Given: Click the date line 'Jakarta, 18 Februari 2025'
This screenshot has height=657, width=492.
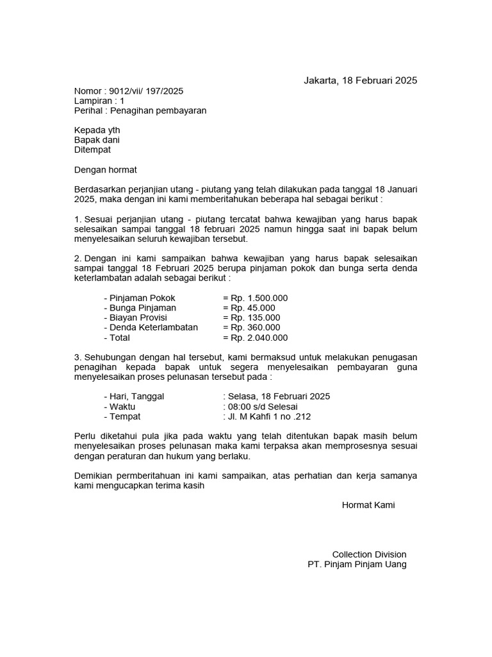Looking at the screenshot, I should tap(360, 81).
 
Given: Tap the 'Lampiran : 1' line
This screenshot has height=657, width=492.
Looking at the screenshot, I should tap(99, 101).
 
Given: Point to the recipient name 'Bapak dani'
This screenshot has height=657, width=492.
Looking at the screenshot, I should tap(97, 140).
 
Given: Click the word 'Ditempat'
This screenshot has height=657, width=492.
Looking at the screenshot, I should tap(92, 149).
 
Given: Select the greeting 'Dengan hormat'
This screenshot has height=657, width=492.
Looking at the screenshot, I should tap(106, 170).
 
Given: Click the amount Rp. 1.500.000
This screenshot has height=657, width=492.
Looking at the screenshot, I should tap(259, 298).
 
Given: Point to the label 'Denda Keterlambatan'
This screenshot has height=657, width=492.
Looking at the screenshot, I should tap(151, 327).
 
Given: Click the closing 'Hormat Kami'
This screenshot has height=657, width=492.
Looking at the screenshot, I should tap(368, 505).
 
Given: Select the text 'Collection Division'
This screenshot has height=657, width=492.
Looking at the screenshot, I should tap(369, 554).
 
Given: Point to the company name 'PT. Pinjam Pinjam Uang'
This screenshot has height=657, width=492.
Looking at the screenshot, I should tap(357, 565).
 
